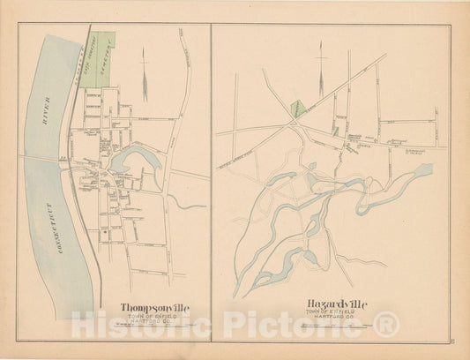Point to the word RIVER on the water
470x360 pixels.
point(44,116)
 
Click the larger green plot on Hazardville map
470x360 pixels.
point(298,109)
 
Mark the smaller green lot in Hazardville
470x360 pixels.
point(335,131)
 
